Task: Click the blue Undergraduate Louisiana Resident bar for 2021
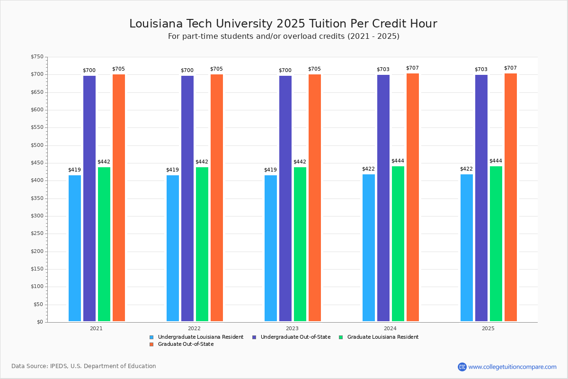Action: click(75, 248)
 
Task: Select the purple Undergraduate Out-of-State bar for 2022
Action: click(187, 199)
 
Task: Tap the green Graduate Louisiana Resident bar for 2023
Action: click(300, 244)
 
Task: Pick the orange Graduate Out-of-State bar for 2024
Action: click(413, 198)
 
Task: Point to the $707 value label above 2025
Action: click(511, 68)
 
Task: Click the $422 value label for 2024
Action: click(368, 169)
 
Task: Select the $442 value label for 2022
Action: click(202, 162)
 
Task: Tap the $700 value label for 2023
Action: click(285, 71)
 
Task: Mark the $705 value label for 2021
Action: click(118, 69)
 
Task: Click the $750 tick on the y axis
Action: click(37, 57)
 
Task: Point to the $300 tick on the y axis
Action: click(37, 216)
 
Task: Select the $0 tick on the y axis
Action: click(40, 322)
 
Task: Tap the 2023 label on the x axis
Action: click(292, 328)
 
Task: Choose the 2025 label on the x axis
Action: click(488, 328)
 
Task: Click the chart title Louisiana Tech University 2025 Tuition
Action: click(283, 24)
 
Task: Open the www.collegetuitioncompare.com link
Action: click(512, 367)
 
